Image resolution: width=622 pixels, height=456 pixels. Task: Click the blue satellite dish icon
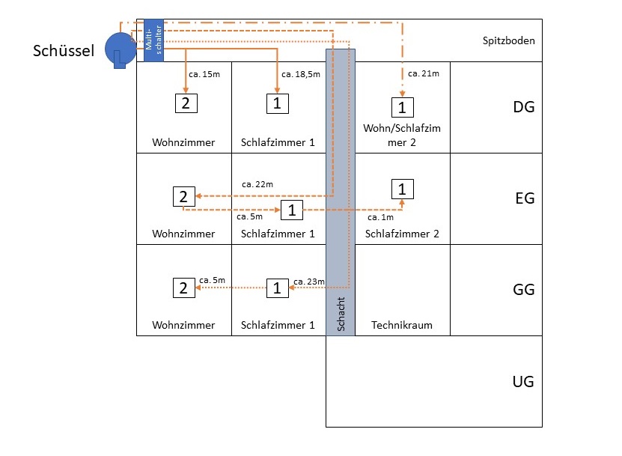point(119,49)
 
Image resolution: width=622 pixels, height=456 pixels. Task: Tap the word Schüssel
point(64,50)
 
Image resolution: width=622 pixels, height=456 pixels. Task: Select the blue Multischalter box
point(153,40)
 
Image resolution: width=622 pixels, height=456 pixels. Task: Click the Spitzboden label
point(509,40)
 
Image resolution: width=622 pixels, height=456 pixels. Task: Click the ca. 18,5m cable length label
point(301,74)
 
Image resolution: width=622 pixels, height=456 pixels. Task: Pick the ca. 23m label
point(309,281)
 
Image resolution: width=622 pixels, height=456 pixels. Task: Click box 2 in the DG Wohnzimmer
point(185,103)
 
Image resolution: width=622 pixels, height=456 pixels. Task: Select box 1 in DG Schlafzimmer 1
point(277,103)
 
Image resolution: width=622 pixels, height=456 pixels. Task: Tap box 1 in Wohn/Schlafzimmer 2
point(402,107)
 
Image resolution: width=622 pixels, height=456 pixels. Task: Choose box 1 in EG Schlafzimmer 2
point(402,189)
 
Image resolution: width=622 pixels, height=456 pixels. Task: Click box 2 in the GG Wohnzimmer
point(183,287)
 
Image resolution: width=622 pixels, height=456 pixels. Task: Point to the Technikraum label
point(402,326)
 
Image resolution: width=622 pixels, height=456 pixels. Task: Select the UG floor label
point(523,382)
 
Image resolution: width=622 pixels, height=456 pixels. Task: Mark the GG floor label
point(523,290)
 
